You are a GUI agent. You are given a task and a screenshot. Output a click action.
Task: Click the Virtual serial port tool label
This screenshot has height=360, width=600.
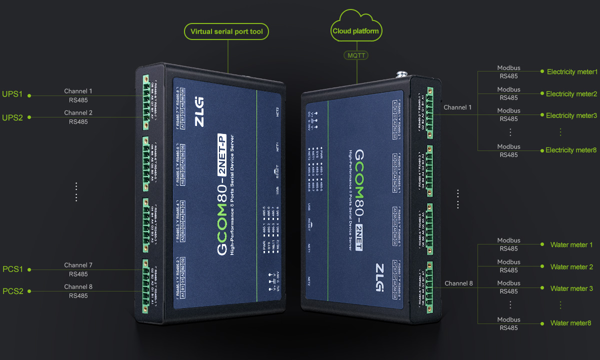click(x=226, y=32)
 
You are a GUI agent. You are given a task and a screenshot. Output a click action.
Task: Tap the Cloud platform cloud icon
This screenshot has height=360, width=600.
click(x=356, y=29)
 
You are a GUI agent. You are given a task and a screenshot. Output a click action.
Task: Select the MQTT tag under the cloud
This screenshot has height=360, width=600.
click(x=357, y=55)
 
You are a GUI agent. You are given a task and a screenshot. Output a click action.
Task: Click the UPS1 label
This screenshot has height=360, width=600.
click(x=12, y=94)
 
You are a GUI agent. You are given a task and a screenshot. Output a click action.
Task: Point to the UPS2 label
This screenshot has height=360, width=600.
click(x=12, y=117)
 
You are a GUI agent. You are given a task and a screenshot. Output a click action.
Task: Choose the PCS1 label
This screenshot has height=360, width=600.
click(x=13, y=269)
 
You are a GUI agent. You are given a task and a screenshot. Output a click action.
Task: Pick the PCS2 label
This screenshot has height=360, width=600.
click(x=13, y=291)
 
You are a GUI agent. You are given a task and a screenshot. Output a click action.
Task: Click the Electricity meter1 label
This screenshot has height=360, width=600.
click(x=572, y=72)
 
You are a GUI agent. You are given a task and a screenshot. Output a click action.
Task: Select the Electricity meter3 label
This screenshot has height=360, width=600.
click(x=571, y=115)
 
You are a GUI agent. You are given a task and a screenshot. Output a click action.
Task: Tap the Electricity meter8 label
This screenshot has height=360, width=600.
click(x=571, y=150)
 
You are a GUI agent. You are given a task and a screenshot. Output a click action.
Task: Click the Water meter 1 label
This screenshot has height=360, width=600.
click(x=571, y=245)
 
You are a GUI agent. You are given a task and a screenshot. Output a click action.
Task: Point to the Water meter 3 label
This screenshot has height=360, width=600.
click(x=571, y=288)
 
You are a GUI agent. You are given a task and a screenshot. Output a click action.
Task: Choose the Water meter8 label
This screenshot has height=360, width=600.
click(x=570, y=323)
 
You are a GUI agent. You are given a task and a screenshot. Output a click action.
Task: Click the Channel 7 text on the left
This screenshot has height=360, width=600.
click(x=78, y=265)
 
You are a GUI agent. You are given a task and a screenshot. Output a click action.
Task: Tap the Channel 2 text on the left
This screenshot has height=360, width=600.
click(x=78, y=113)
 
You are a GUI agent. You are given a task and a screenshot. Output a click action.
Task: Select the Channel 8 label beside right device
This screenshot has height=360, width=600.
click(x=458, y=283)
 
